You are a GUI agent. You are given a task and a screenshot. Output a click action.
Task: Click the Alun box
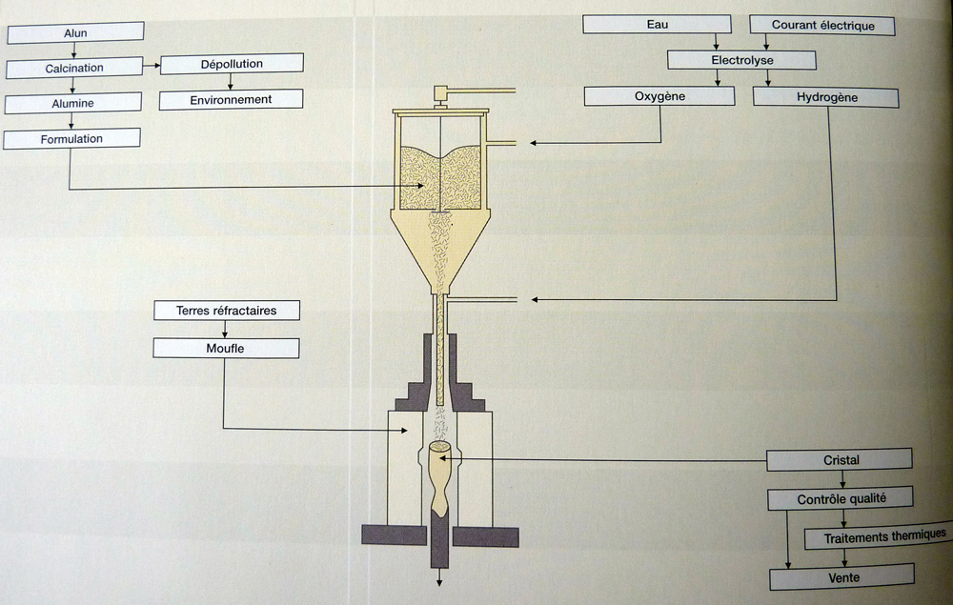pos(74,33)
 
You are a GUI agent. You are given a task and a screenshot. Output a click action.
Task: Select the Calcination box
pos(74,69)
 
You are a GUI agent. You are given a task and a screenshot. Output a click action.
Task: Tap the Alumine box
pos(73,104)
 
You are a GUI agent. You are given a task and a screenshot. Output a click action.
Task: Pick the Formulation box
pos(72,139)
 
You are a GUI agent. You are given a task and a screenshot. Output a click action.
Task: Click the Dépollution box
pos(232,64)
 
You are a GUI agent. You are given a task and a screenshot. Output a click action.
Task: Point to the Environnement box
pos(231,99)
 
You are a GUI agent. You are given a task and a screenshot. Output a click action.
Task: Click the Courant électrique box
pos(822,26)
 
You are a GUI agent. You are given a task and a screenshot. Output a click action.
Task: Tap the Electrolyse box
pos(741,60)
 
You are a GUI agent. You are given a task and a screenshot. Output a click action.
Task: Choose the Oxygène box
pos(659,96)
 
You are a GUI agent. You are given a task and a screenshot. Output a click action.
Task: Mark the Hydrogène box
pos(825,97)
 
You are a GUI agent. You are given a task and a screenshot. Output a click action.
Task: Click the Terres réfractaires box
pos(227,311)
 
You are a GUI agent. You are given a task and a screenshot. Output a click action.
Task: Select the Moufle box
pos(226,349)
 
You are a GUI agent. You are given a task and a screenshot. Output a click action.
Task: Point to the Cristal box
pos(841,460)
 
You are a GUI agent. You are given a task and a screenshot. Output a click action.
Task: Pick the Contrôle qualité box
pos(841,499)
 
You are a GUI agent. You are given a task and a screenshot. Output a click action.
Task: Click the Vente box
pos(841,576)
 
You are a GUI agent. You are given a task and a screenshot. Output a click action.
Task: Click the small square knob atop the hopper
pos(441,93)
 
